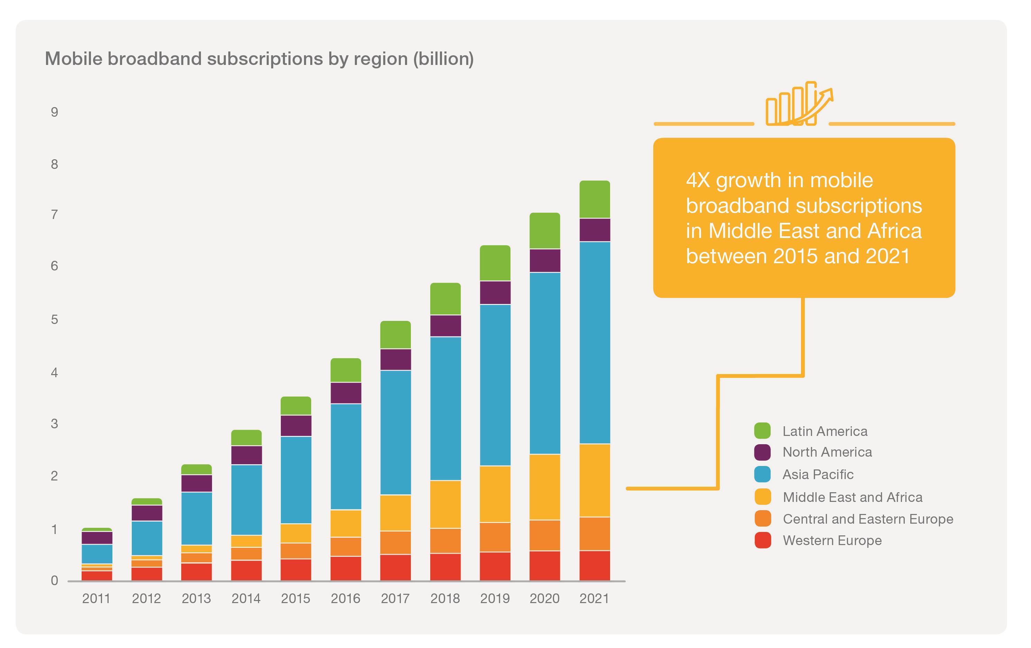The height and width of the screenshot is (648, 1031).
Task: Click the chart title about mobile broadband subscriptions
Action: coord(259,59)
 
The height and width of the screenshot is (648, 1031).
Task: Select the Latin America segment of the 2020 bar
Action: coord(545,230)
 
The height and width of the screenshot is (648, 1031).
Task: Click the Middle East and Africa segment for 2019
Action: coord(495,494)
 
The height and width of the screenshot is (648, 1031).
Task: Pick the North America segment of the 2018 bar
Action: coord(445,326)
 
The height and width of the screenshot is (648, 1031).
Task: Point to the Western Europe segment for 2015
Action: coord(296,569)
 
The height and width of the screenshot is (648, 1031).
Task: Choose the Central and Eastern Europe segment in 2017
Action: coord(395,542)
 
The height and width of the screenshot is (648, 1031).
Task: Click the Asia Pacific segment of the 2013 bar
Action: coord(196,518)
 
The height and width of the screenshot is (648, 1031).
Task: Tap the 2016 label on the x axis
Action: coord(345,598)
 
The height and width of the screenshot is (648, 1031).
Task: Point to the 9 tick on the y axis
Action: coord(54,112)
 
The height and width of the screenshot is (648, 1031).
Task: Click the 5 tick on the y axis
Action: coord(54,320)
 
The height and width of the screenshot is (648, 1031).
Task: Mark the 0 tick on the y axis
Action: coord(54,580)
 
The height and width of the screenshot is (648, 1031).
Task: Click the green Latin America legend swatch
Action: coord(762,431)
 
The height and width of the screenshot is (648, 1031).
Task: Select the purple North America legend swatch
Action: coord(762,452)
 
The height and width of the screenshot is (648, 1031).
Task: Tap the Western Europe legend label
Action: coord(832,541)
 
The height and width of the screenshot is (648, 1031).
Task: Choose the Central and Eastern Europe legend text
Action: coord(868,519)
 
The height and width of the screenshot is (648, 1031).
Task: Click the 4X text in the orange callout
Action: coord(698,181)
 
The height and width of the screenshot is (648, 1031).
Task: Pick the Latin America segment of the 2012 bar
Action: coord(146,501)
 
